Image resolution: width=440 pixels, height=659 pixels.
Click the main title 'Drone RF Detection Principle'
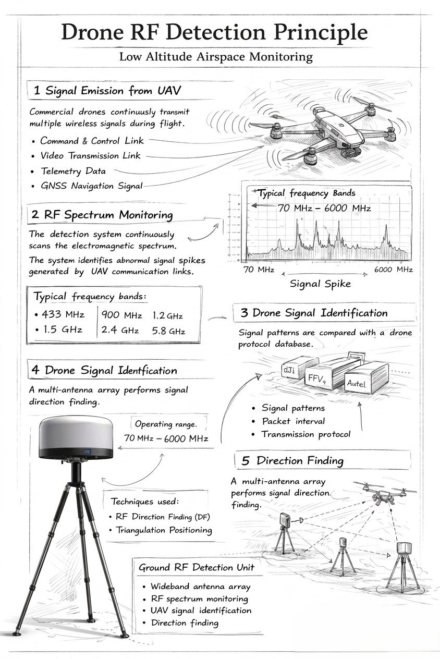[214, 32]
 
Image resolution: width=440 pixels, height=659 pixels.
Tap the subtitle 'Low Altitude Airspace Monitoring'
[216, 57]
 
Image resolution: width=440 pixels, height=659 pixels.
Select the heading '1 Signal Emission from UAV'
[107, 90]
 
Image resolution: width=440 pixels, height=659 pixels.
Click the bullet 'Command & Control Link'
[92, 141]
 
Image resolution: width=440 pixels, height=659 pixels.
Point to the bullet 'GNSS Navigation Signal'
[91, 185]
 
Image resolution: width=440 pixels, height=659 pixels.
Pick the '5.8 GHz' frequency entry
[168, 331]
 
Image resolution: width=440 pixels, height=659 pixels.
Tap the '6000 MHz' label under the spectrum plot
[393, 270]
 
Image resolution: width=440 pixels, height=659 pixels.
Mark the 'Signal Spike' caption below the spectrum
[320, 284]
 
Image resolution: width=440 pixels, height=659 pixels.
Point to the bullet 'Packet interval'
[293, 421]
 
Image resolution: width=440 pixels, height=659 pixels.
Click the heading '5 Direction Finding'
[292, 460]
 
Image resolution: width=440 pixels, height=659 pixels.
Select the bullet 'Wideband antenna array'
[200, 587]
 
